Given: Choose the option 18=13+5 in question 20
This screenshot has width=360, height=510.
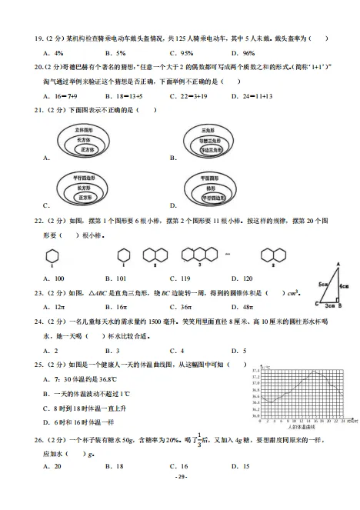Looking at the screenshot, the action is (x=122, y=96).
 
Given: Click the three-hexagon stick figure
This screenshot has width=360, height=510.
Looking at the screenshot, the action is (x=199, y=254).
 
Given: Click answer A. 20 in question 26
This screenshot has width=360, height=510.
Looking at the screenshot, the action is (x=53, y=465).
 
